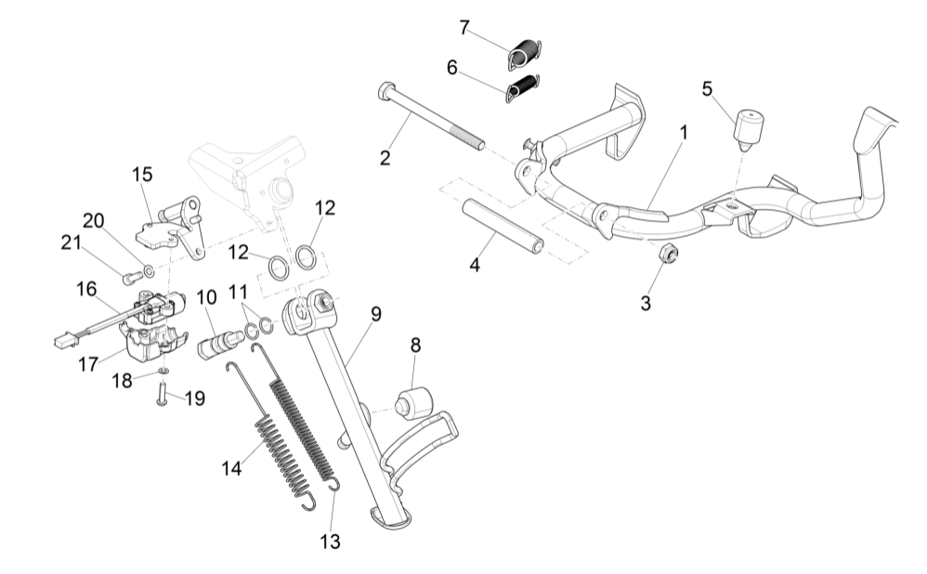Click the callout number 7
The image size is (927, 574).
[463, 28]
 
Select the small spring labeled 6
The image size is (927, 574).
[525, 87]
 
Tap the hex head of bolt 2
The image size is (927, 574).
[386, 91]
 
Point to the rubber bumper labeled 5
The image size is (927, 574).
[749, 128]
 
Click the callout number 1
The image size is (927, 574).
[684, 133]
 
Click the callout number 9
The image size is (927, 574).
[375, 314]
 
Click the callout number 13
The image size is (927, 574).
[331, 541]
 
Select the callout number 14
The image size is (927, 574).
[231, 469]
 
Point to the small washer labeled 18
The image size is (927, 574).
[163, 372]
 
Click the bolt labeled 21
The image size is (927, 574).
[133, 275]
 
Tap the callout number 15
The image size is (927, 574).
[141, 175]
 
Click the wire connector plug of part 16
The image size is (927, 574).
[62, 341]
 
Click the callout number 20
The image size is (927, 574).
[93, 220]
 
